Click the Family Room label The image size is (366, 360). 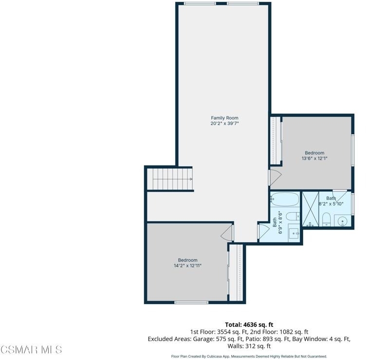click(x=224, y=118)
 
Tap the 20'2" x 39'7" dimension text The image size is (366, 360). click(x=224, y=124)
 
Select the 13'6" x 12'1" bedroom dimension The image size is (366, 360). click(x=314, y=159)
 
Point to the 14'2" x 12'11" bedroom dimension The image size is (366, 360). click(x=187, y=266)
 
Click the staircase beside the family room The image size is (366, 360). click(x=170, y=179)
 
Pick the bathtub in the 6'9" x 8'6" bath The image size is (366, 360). click(x=285, y=199)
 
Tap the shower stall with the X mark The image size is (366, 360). click(x=311, y=209)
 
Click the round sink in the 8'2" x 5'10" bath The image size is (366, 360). click(x=343, y=221)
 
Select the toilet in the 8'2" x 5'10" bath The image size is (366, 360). click(x=326, y=219)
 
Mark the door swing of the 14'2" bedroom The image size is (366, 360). click(x=227, y=232)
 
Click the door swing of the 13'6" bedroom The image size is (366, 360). click(x=275, y=178)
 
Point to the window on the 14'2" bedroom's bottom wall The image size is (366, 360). click(x=191, y=303)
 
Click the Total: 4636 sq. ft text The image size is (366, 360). click(x=249, y=324)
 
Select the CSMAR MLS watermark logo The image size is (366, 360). click(x=31, y=350)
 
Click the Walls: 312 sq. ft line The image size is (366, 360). click(x=249, y=346)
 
